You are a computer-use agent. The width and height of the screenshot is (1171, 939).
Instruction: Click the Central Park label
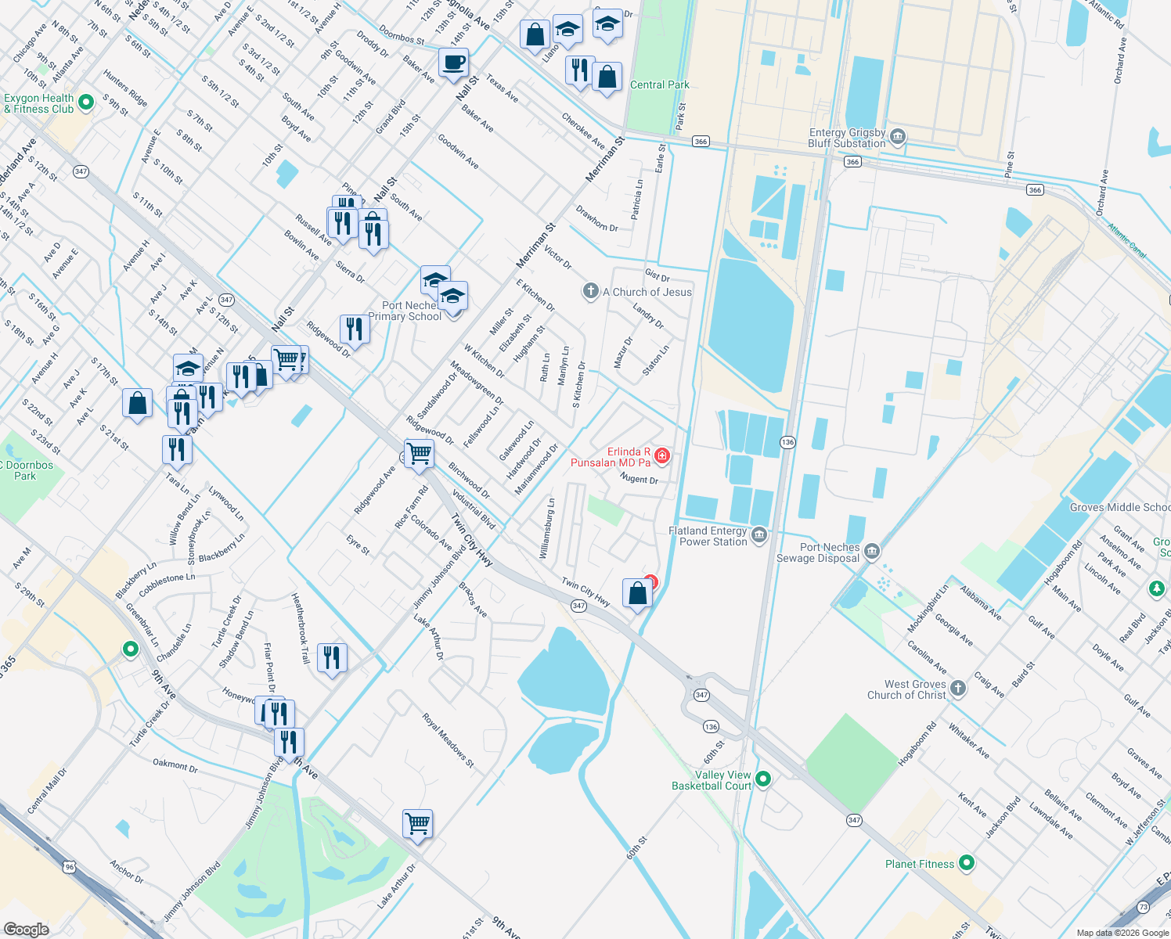point(659,85)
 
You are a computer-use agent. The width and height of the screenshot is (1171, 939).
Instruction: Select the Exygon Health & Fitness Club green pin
point(87,102)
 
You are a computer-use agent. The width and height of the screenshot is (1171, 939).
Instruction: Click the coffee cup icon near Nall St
point(453,63)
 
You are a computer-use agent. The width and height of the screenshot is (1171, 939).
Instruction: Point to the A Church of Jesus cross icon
point(590,292)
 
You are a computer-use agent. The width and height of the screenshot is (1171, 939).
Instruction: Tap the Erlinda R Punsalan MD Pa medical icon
point(662,455)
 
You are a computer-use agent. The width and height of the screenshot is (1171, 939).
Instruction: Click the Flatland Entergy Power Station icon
point(758,536)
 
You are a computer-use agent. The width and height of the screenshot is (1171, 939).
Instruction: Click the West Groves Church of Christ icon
point(958,689)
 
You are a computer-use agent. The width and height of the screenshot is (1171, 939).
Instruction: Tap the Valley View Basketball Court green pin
point(763,779)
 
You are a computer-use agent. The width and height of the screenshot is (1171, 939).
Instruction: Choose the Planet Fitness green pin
point(967,863)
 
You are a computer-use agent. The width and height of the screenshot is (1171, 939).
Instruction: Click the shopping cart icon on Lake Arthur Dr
point(418,823)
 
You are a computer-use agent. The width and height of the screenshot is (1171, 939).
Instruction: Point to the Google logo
point(26,929)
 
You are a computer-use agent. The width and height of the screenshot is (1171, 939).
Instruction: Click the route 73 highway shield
point(1143,907)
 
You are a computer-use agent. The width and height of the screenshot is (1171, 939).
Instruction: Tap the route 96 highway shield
point(70,866)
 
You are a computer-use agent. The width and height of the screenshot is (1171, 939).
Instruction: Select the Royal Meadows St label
point(449,739)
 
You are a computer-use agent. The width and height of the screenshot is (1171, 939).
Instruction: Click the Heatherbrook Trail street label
point(301,628)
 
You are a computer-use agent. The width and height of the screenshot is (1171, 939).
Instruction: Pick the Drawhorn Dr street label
point(596,218)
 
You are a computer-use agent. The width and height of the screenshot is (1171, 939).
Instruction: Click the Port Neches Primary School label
point(405,311)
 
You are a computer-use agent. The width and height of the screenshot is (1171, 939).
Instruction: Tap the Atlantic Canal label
point(1126,240)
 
